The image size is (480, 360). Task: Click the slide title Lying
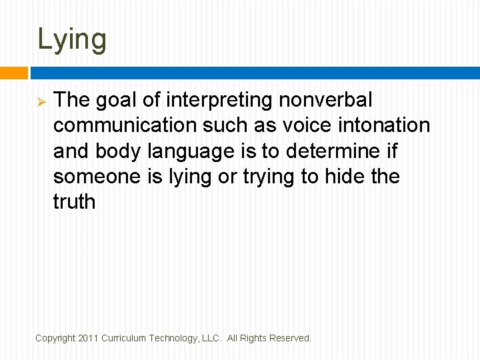coord(72,39)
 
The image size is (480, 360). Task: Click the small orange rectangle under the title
coord(13,73)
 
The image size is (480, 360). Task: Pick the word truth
coord(74,201)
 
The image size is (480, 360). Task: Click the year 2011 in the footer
coord(88,339)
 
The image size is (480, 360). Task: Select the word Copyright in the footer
coord(55,339)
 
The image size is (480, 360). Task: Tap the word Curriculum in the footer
coord(123,339)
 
